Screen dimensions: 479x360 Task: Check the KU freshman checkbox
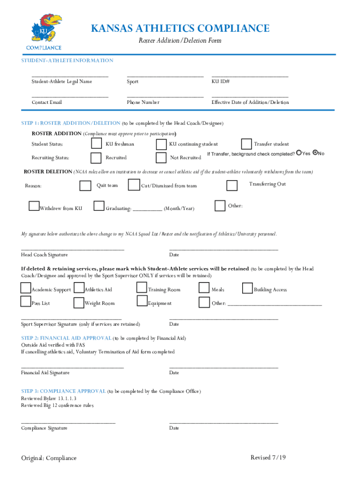[96, 143]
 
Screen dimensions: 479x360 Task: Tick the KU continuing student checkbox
[161, 144]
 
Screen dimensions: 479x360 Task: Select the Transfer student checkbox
[246, 144]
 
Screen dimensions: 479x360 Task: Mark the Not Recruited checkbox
[161, 157]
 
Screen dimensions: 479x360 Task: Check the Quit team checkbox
[86, 186]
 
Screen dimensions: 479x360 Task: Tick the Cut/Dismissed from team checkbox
[134, 185]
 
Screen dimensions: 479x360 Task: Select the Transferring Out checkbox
[232, 186]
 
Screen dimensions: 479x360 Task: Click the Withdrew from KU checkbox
[34, 206]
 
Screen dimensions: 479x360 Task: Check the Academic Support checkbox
[26, 288]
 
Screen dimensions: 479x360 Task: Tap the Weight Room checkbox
[79, 303]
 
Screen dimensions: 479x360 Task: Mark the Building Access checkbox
[247, 288]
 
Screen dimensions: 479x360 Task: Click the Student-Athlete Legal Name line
[70, 76]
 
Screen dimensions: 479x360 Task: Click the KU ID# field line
[250, 76]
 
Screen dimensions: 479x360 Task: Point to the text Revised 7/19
[267, 457]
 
